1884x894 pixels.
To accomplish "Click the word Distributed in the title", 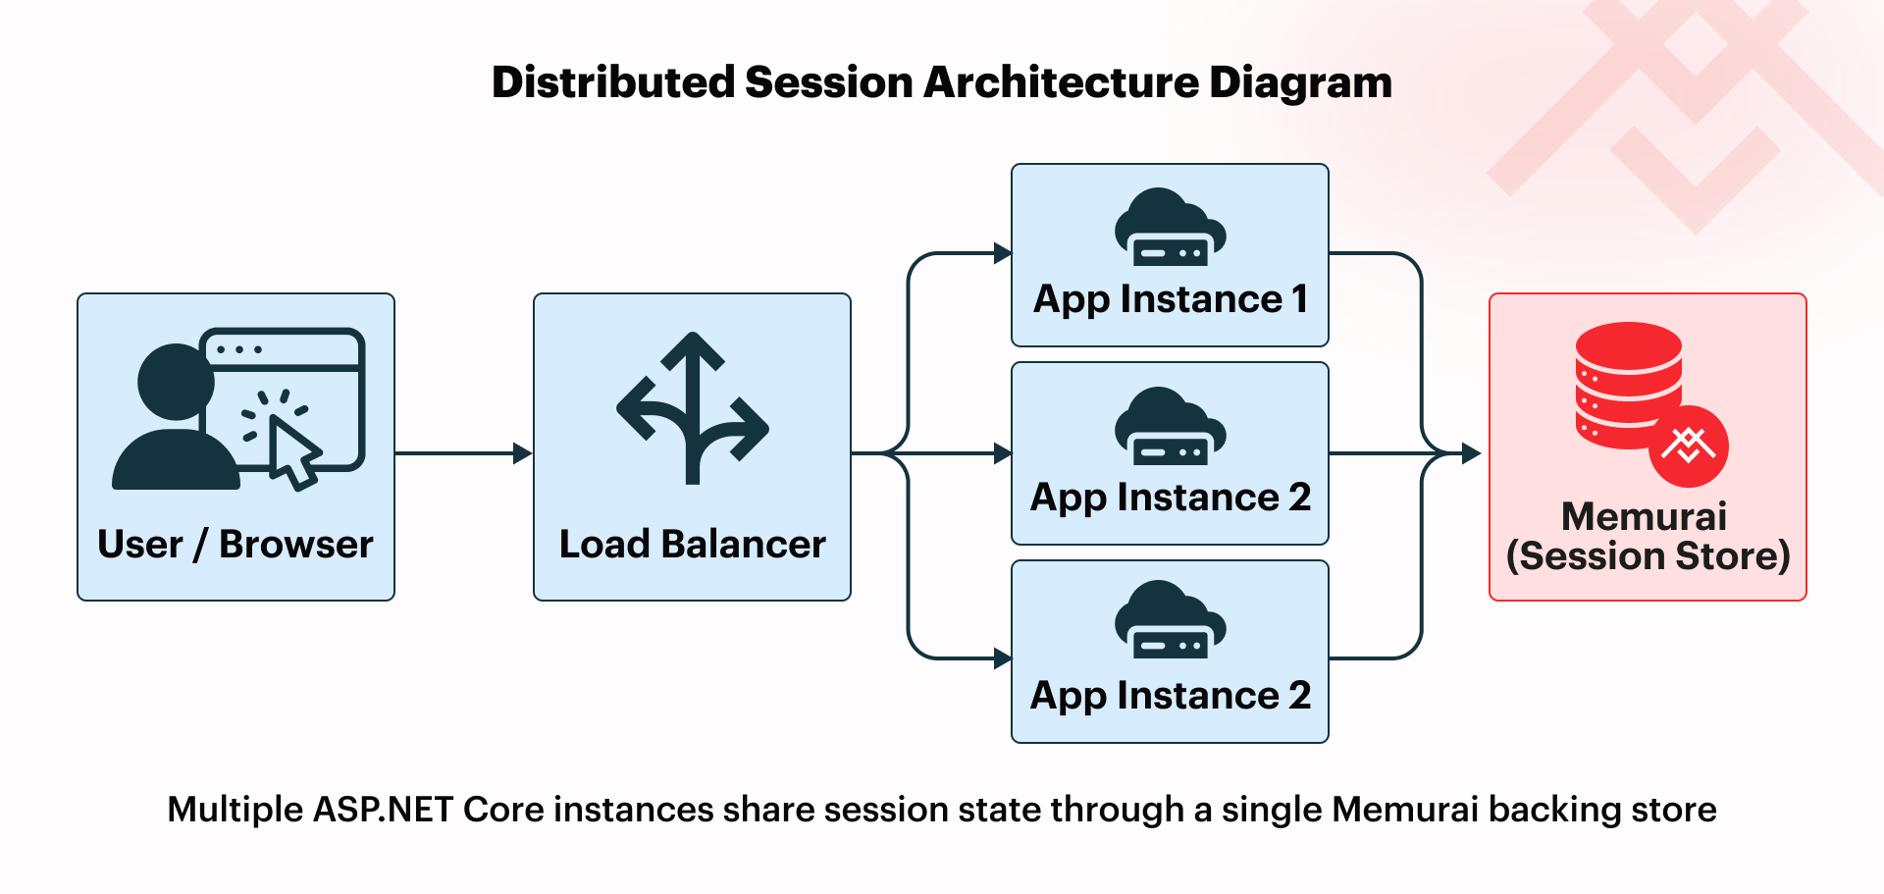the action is pyautogui.click(x=613, y=82).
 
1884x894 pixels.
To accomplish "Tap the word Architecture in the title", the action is pyautogui.click(x=1061, y=82).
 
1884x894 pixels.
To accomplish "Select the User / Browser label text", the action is pyautogui.click(x=235, y=545).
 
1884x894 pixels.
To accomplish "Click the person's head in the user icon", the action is pyautogui.click(x=176, y=382).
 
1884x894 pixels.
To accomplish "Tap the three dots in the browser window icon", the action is pyautogui.click(x=238, y=349).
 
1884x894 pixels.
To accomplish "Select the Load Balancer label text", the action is pyautogui.click(x=693, y=545).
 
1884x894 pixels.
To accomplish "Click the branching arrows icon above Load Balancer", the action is pyautogui.click(x=693, y=408).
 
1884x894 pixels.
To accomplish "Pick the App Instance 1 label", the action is pyautogui.click(x=1171, y=299).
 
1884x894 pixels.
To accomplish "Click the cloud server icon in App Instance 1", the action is pyautogui.click(x=1171, y=227).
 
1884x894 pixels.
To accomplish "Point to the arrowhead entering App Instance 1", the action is pyautogui.click(x=1003, y=253).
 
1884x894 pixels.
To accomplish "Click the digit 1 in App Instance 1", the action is pyautogui.click(x=1299, y=298).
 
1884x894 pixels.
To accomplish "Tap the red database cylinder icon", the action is pyautogui.click(x=1629, y=386).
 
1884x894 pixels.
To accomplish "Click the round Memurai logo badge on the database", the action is pyautogui.click(x=1689, y=447).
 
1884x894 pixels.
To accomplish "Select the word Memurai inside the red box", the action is pyautogui.click(x=1645, y=516).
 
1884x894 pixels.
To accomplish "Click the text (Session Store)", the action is pyautogui.click(x=1648, y=556).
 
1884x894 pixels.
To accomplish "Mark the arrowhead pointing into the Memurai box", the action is pyautogui.click(x=1472, y=453).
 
